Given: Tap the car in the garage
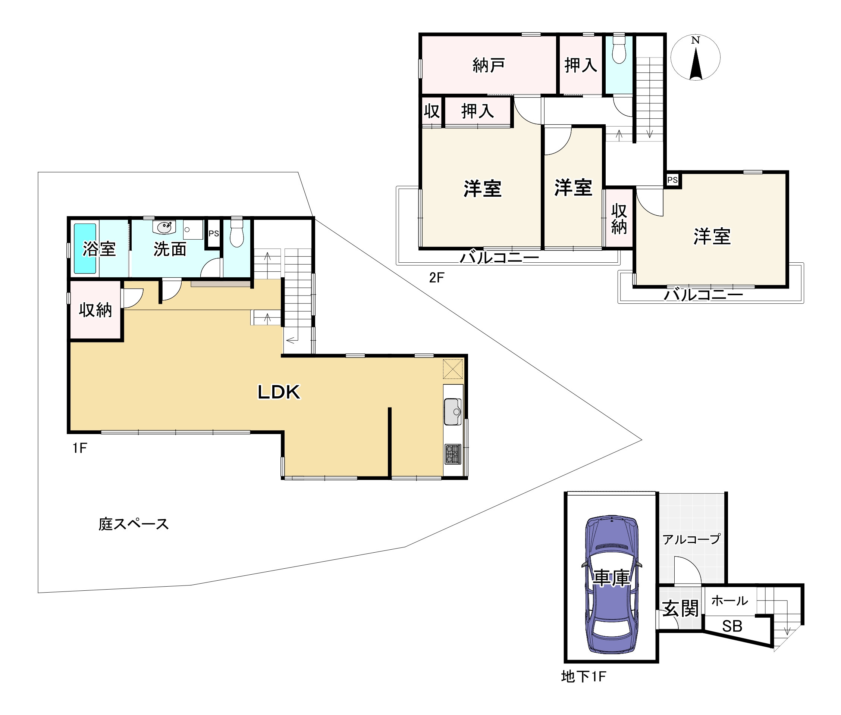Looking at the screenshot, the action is point(611,584).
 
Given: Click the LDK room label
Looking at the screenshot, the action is point(279,392).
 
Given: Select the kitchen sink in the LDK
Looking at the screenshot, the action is point(453,412).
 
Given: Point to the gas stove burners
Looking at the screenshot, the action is point(453,454).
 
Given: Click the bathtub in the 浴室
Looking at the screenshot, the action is point(85,249).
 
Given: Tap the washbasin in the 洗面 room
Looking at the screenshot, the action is point(164,227).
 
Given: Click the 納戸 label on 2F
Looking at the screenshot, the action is point(489,65).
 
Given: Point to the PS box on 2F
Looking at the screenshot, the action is point(672,180).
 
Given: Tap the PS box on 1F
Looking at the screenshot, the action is point(213,234).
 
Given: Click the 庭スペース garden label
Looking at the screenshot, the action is point(133,524).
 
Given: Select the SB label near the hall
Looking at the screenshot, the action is point(732,626).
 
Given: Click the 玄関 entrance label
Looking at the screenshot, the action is point(680,608).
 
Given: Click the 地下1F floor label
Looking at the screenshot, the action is point(583,676).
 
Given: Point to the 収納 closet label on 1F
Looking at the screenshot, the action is point(95,310).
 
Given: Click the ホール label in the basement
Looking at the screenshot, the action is point(729,601).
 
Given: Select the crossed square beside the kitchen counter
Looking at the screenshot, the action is point(452,369).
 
